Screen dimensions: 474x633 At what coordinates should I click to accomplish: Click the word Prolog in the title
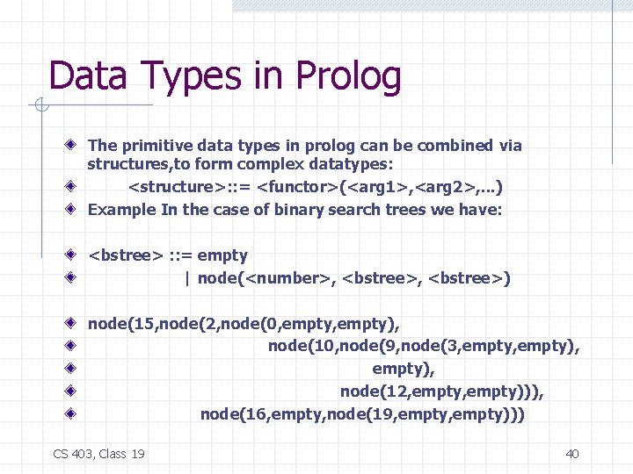pos(349,76)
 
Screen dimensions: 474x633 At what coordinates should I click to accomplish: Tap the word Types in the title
pos(183,76)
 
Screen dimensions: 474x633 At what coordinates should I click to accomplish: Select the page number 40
pos(572,453)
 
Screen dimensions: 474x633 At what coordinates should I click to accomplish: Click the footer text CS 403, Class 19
pos(99,453)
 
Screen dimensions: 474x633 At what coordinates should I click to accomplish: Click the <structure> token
pos(176,187)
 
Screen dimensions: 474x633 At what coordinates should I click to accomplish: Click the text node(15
pos(122,324)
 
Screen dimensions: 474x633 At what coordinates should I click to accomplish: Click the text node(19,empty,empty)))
pos(438,414)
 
